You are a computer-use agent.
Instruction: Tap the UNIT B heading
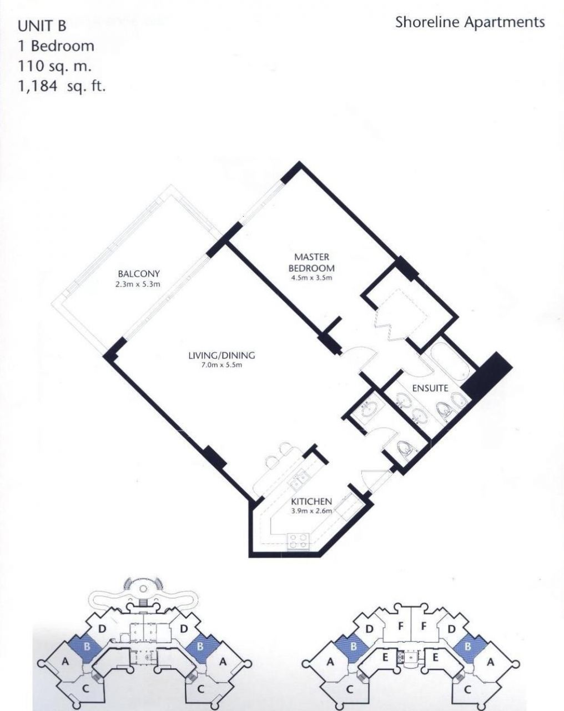tap(42, 26)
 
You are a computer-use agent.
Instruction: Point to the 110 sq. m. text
tap(54, 67)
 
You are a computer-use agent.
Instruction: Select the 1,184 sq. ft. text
tap(62, 87)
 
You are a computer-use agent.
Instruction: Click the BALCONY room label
tap(139, 273)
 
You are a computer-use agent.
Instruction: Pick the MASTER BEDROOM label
tap(312, 262)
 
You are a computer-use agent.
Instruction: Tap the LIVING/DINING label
tap(221, 355)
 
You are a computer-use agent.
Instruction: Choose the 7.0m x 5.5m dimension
tap(222, 365)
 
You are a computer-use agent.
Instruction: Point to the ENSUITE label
tap(430, 388)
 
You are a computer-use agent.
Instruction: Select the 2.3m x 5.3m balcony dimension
tap(138, 284)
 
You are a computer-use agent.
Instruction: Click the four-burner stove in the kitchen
tap(299, 542)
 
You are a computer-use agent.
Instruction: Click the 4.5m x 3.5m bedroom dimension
tap(312, 278)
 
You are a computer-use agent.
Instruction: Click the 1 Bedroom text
tap(56, 46)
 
